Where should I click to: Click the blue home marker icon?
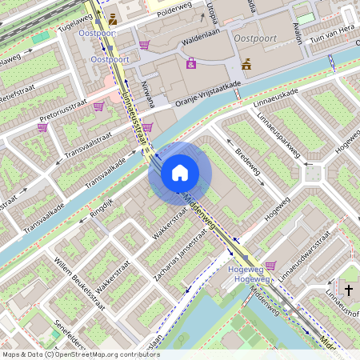point(180,173)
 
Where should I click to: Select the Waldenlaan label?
point(201,37)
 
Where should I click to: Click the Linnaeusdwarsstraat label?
point(305,255)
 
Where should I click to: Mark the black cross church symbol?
point(349,289)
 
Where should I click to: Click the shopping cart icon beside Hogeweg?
point(270,266)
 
